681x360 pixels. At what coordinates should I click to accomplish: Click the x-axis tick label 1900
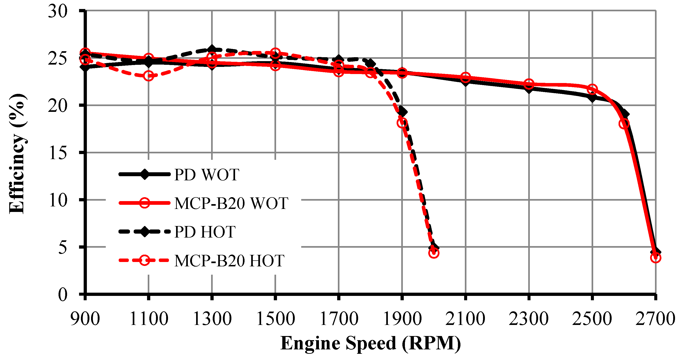click(x=402, y=319)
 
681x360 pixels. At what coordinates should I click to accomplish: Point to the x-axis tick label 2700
click(x=655, y=319)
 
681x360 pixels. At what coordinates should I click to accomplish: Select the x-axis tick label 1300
click(x=212, y=319)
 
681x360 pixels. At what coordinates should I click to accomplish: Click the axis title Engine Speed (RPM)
click(x=370, y=343)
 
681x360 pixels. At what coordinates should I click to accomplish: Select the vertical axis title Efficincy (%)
click(x=17, y=153)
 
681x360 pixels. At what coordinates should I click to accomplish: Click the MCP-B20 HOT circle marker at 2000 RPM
click(x=434, y=253)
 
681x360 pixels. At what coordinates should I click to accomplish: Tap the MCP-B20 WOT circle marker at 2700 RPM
click(x=655, y=258)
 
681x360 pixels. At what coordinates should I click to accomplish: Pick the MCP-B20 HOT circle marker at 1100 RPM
click(x=149, y=76)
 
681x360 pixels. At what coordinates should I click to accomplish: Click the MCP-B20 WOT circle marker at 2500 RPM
click(x=593, y=89)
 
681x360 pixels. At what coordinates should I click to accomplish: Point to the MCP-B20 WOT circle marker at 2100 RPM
click(x=466, y=78)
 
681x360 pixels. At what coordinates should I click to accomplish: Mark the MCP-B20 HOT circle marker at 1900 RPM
click(x=402, y=123)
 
